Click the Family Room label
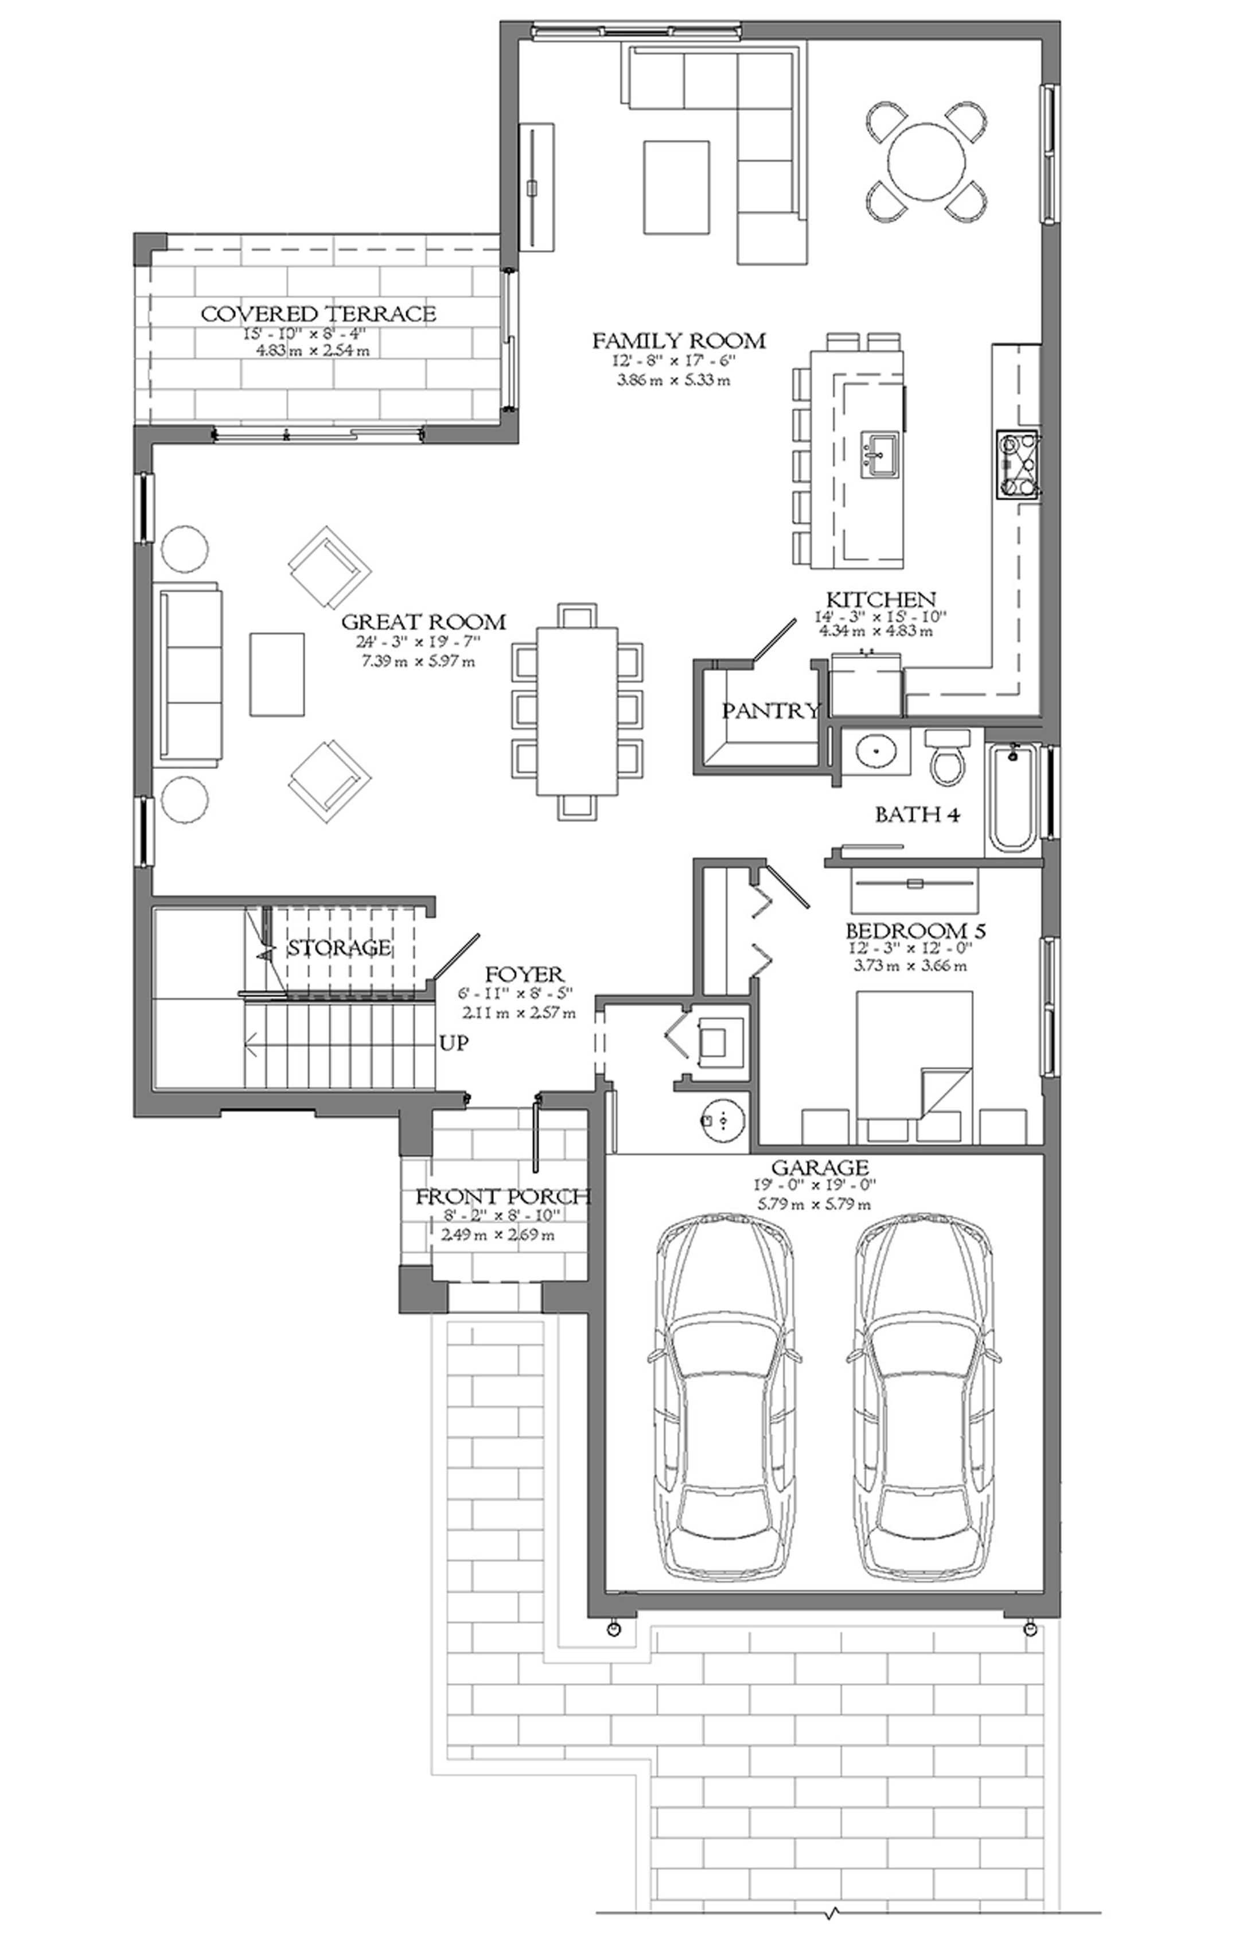(x=679, y=340)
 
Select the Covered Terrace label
(x=318, y=314)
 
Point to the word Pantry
(x=771, y=711)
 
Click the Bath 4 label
(x=917, y=814)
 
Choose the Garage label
(x=820, y=1168)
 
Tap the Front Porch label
(x=503, y=1197)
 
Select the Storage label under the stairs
(x=340, y=948)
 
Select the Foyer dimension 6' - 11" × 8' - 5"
(x=524, y=993)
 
